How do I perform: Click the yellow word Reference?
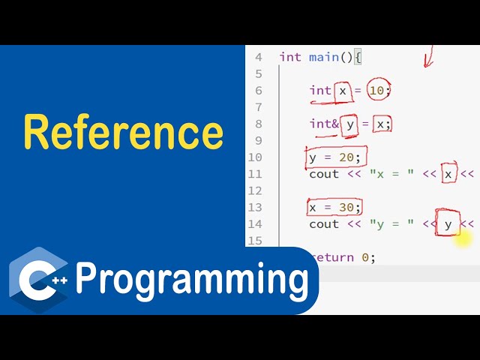[x=123, y=132]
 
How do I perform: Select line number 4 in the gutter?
[x=258, y=57]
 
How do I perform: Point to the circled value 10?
[x=379, y=91]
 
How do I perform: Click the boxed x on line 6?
[x=343, y=91]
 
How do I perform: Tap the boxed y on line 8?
[x=349, y=124]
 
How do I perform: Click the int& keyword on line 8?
[x=324, y=124]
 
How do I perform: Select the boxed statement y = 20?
[x=335, y=157]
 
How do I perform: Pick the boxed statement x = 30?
[x=334, y=207]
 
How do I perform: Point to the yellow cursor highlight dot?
[x=463, y=239]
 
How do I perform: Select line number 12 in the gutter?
[x=255, y=191]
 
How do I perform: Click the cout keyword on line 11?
[x=324, y=175]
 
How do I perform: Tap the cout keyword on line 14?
[x=324, y=224]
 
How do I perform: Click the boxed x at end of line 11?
[x=448, y=175]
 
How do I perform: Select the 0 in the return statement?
[x=364, y=257]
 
